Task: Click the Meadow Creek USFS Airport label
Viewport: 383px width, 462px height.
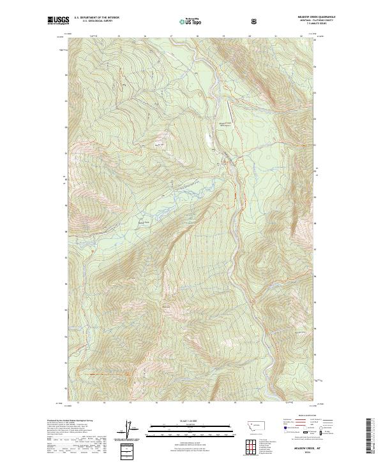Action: click(226, 124)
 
